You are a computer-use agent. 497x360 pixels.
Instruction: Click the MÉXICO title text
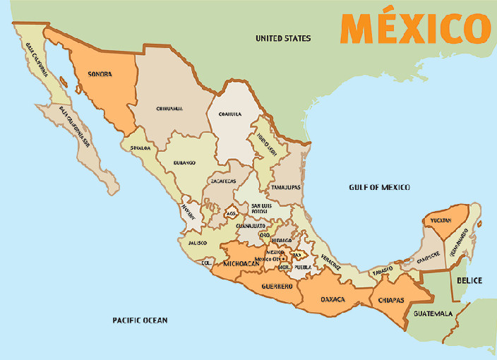click(x=415, y=28)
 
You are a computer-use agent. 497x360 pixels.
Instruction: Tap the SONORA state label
click(x=100, y=74)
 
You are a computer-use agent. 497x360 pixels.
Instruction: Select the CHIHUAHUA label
click(x=169, y=109)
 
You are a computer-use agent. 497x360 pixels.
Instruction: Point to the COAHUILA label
click(x=230, y=114)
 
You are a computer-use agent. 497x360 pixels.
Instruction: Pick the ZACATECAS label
click(x=223, y=181)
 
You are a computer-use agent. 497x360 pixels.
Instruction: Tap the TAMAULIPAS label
click(x=286, y=188)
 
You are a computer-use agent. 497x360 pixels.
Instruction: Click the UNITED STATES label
click(x=283, y=38)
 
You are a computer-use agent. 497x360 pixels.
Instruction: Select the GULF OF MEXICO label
click(x=379, y=187)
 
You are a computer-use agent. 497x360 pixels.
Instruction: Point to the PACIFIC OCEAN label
click(x=140, y=320)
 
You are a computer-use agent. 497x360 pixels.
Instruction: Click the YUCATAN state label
click(x=441, y=221)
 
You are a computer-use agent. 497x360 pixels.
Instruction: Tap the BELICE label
click(x=469, y=280)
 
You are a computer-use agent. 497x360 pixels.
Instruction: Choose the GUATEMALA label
click(x=433, y=313)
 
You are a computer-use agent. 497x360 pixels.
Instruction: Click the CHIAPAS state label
click(x=390, y=300)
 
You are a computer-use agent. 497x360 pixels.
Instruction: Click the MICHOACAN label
click(x=241, y=264)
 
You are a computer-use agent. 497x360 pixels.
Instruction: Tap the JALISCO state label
click(x=197, y=243)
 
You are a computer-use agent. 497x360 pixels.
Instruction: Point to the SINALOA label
click(x=139, y=148)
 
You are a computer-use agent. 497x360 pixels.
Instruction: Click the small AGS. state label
click(x=231, y=213)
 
